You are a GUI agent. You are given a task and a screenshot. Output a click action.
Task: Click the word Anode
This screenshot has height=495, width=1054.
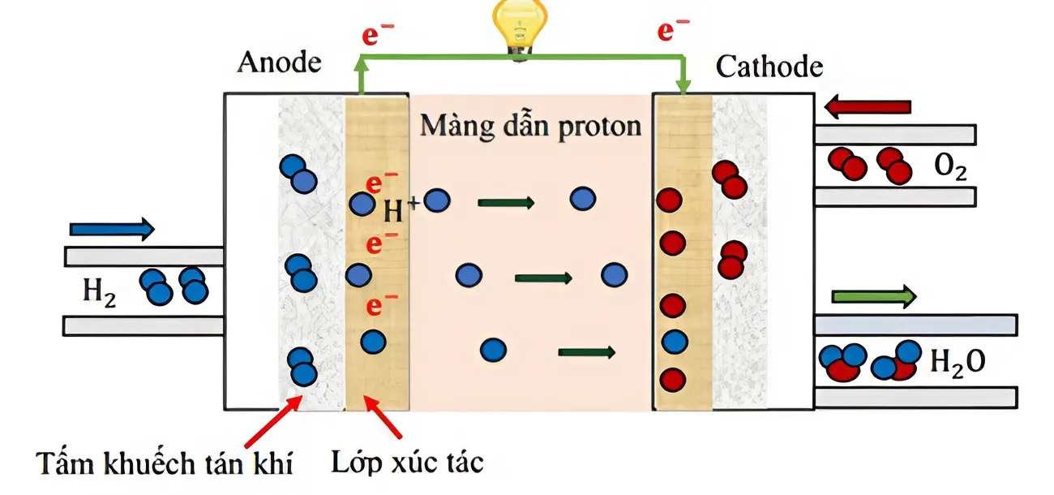[x=280, y=62]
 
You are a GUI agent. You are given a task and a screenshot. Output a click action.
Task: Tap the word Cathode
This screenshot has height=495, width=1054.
[x=769, y=67]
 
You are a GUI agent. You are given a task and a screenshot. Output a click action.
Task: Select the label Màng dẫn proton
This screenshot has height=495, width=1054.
[x=531, y=127]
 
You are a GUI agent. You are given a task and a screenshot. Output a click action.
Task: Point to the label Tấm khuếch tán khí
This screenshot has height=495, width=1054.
[x=165, y=463]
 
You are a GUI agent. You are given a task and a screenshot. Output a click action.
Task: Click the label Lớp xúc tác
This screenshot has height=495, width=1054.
[x=408, y=463]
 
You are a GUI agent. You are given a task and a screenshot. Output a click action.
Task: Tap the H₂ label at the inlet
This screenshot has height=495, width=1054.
[x=99, y=292]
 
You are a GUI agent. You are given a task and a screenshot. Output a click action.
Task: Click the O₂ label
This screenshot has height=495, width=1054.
[x=950, y=167]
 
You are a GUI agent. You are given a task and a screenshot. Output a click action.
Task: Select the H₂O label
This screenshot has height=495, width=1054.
[x=958, y=363]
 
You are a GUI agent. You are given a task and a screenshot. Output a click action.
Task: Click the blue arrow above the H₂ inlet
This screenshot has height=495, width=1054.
[x=112, y=230]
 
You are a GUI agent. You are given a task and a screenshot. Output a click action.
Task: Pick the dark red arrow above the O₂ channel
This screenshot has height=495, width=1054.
[x=868, y=107]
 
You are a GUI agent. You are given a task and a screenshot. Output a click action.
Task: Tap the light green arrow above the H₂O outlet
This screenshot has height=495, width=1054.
[x=874, y=296]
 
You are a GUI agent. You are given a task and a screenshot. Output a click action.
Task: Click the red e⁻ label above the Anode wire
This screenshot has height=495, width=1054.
[x=378, y=34]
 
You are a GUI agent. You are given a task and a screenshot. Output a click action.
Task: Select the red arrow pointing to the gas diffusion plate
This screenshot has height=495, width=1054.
[x=273, y=421]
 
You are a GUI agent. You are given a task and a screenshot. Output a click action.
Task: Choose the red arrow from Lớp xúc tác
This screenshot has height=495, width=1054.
[x=383, y=417]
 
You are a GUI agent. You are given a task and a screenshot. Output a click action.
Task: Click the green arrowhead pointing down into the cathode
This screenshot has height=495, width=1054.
[x=683, y=87]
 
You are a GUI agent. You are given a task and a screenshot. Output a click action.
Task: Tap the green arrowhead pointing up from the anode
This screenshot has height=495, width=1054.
[x=361, y=64]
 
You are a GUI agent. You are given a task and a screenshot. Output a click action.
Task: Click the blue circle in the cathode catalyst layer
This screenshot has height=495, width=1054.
[x=675, y=342]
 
